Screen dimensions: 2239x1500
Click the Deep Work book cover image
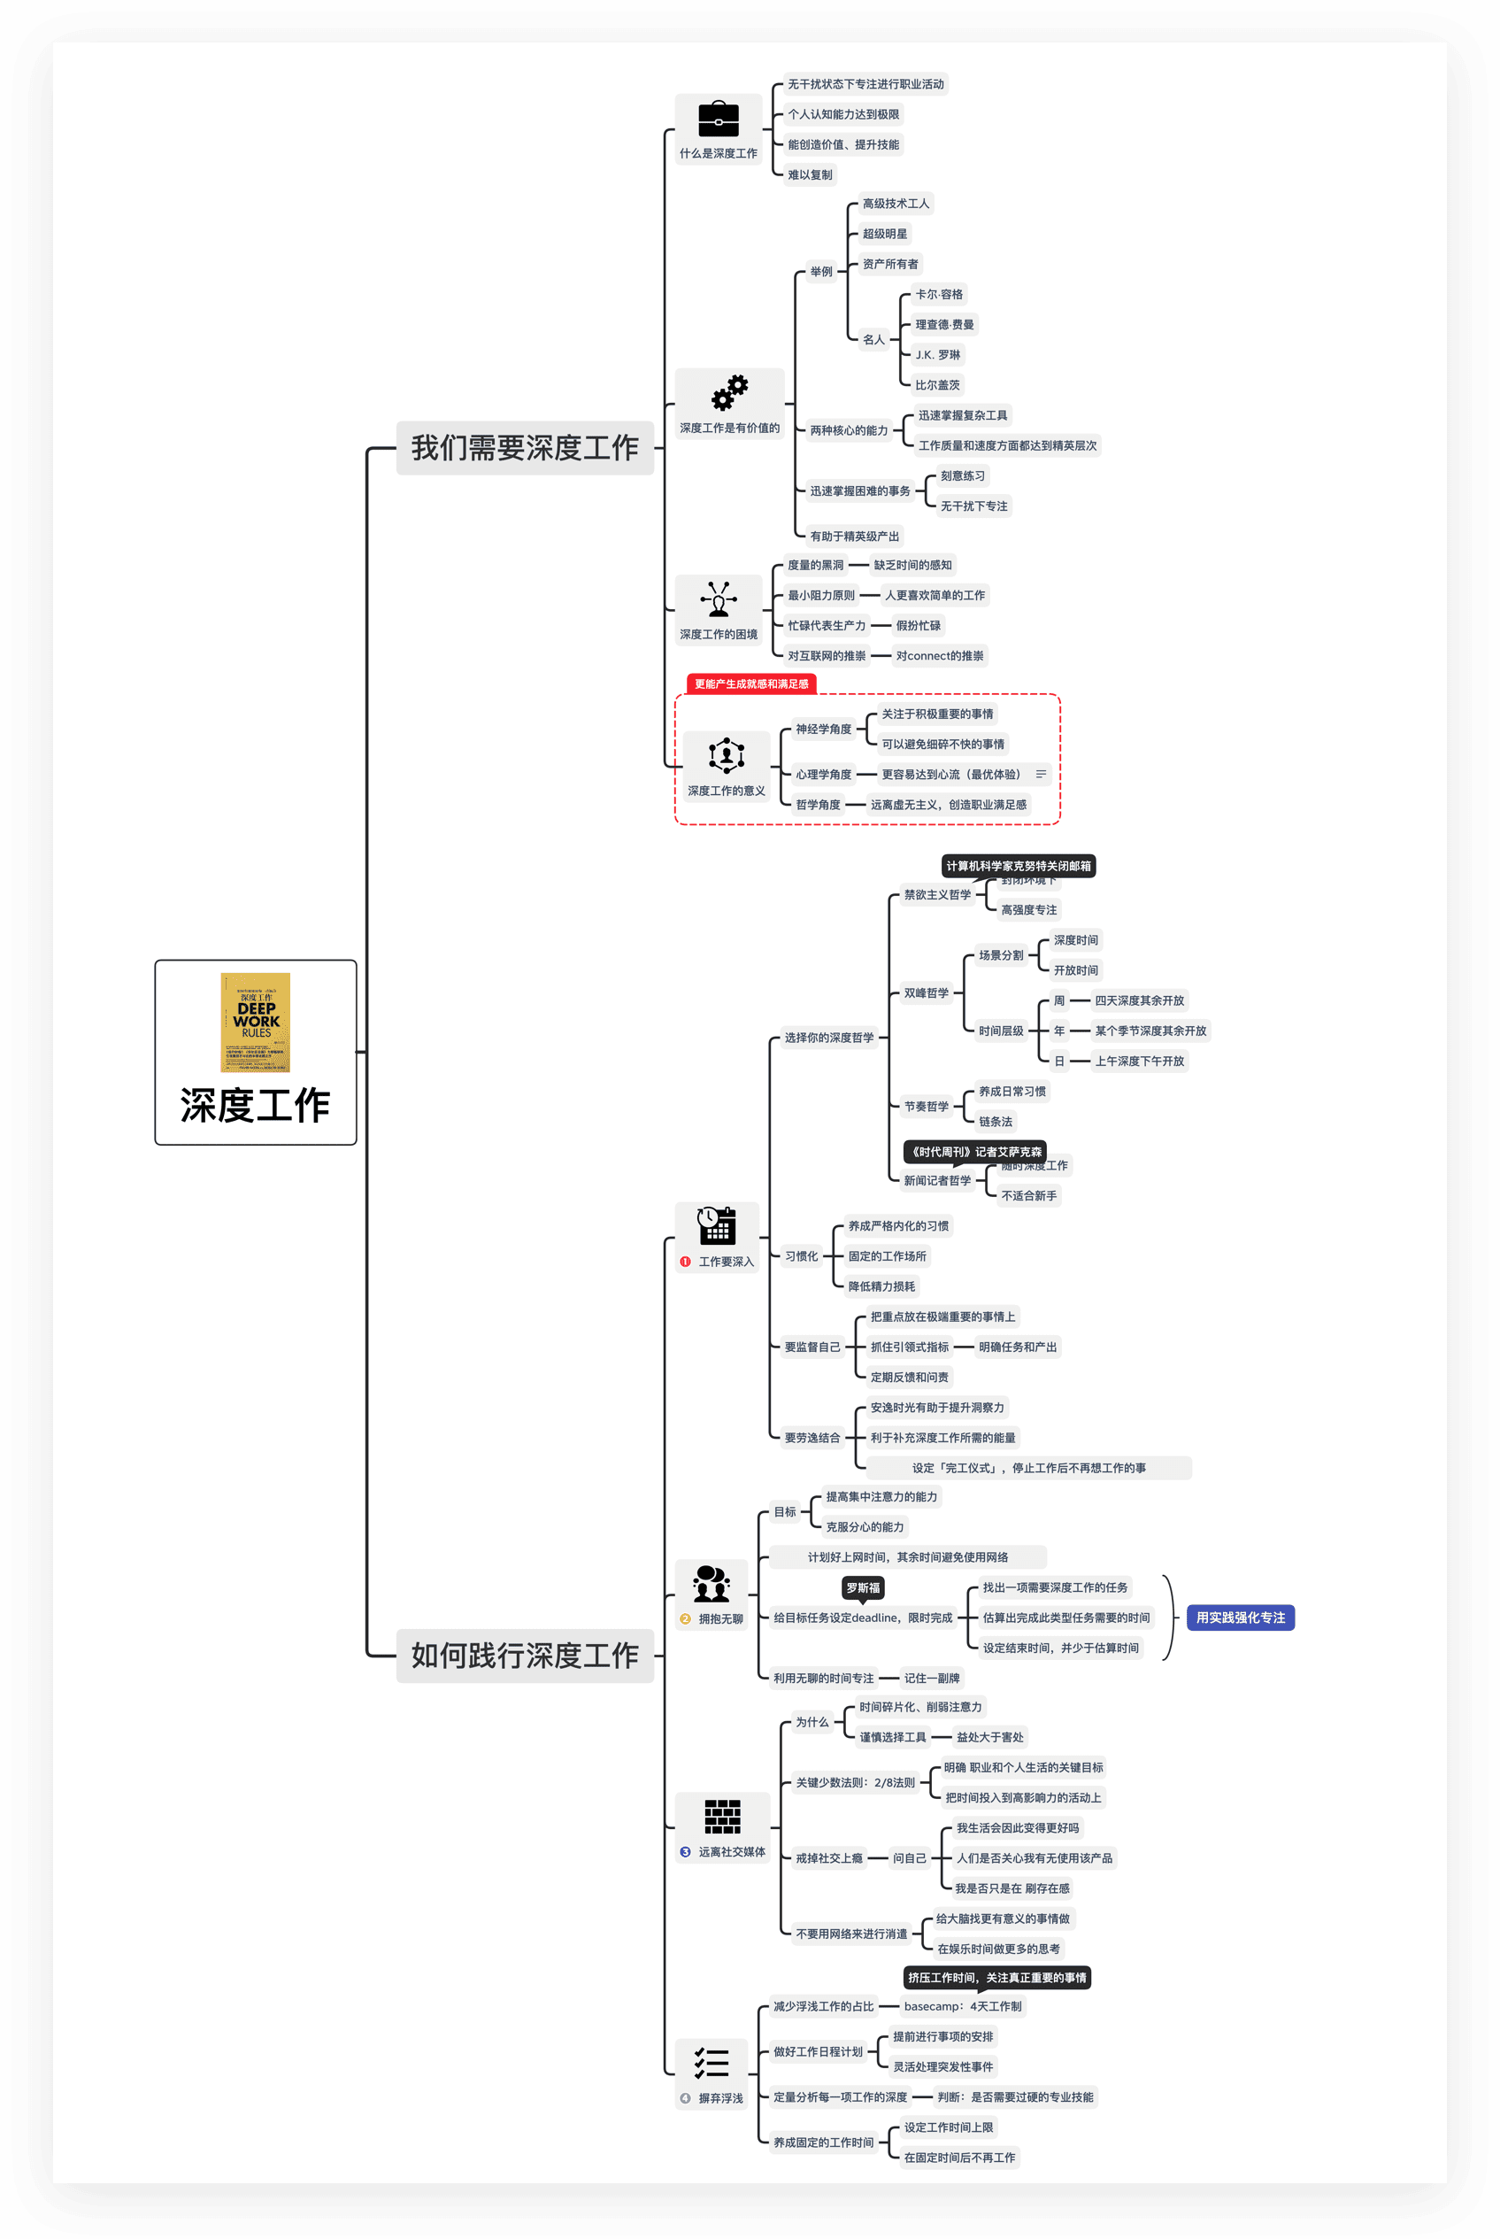click(256, 1022)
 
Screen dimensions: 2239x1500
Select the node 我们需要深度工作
click(524, 448)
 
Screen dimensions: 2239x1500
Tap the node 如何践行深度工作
click(524, 1656)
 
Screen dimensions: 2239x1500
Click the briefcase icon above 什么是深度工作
click(719, 120)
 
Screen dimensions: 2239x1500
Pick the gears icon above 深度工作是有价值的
click(729, 392)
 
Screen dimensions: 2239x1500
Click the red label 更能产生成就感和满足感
click(751, 684)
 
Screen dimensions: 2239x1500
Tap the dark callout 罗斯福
click(862, 1587)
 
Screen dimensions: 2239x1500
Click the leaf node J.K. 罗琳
click(936, 355)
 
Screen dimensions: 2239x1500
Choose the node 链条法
click(995, 1122)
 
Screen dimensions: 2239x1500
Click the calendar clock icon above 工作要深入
click(717, 1224)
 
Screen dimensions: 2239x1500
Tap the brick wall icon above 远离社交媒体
click(722, 1816)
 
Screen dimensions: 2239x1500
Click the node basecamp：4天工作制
click(962, 2006)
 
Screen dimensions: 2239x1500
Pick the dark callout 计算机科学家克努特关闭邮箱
click(1018, 866)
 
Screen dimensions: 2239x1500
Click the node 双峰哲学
click(926, 993)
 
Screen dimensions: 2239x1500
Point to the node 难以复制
click(810, 175)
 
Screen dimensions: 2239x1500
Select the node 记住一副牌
click(932, 1679)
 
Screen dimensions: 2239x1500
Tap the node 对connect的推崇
click(940, 656)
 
